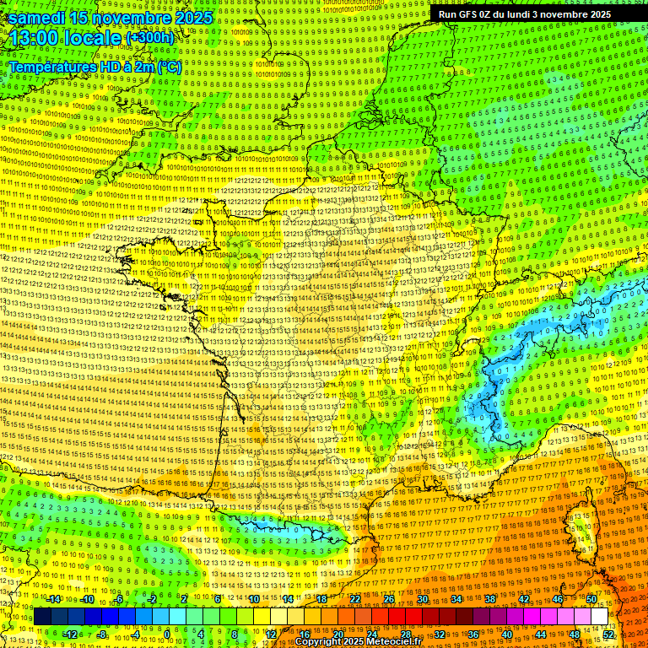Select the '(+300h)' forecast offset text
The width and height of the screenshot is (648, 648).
(149, 38)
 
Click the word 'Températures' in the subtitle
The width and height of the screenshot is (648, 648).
(51, 67)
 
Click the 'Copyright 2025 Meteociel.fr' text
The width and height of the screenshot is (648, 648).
(358, 642)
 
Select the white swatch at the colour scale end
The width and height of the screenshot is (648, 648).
(599, 617)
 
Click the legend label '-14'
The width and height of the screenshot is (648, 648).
(54, 599)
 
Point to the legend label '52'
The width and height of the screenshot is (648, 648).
(608, 634)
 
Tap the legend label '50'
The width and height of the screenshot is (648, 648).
(591, 599)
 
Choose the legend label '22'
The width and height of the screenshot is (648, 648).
(355, 599)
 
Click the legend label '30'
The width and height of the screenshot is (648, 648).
(422, 599)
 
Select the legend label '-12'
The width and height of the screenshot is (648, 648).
(71, 634)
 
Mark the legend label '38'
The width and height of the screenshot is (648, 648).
(489, 599)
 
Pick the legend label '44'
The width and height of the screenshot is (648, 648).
(540, 634)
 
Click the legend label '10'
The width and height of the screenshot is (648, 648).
(253, 599)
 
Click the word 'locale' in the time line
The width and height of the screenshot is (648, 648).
(95, 38)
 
